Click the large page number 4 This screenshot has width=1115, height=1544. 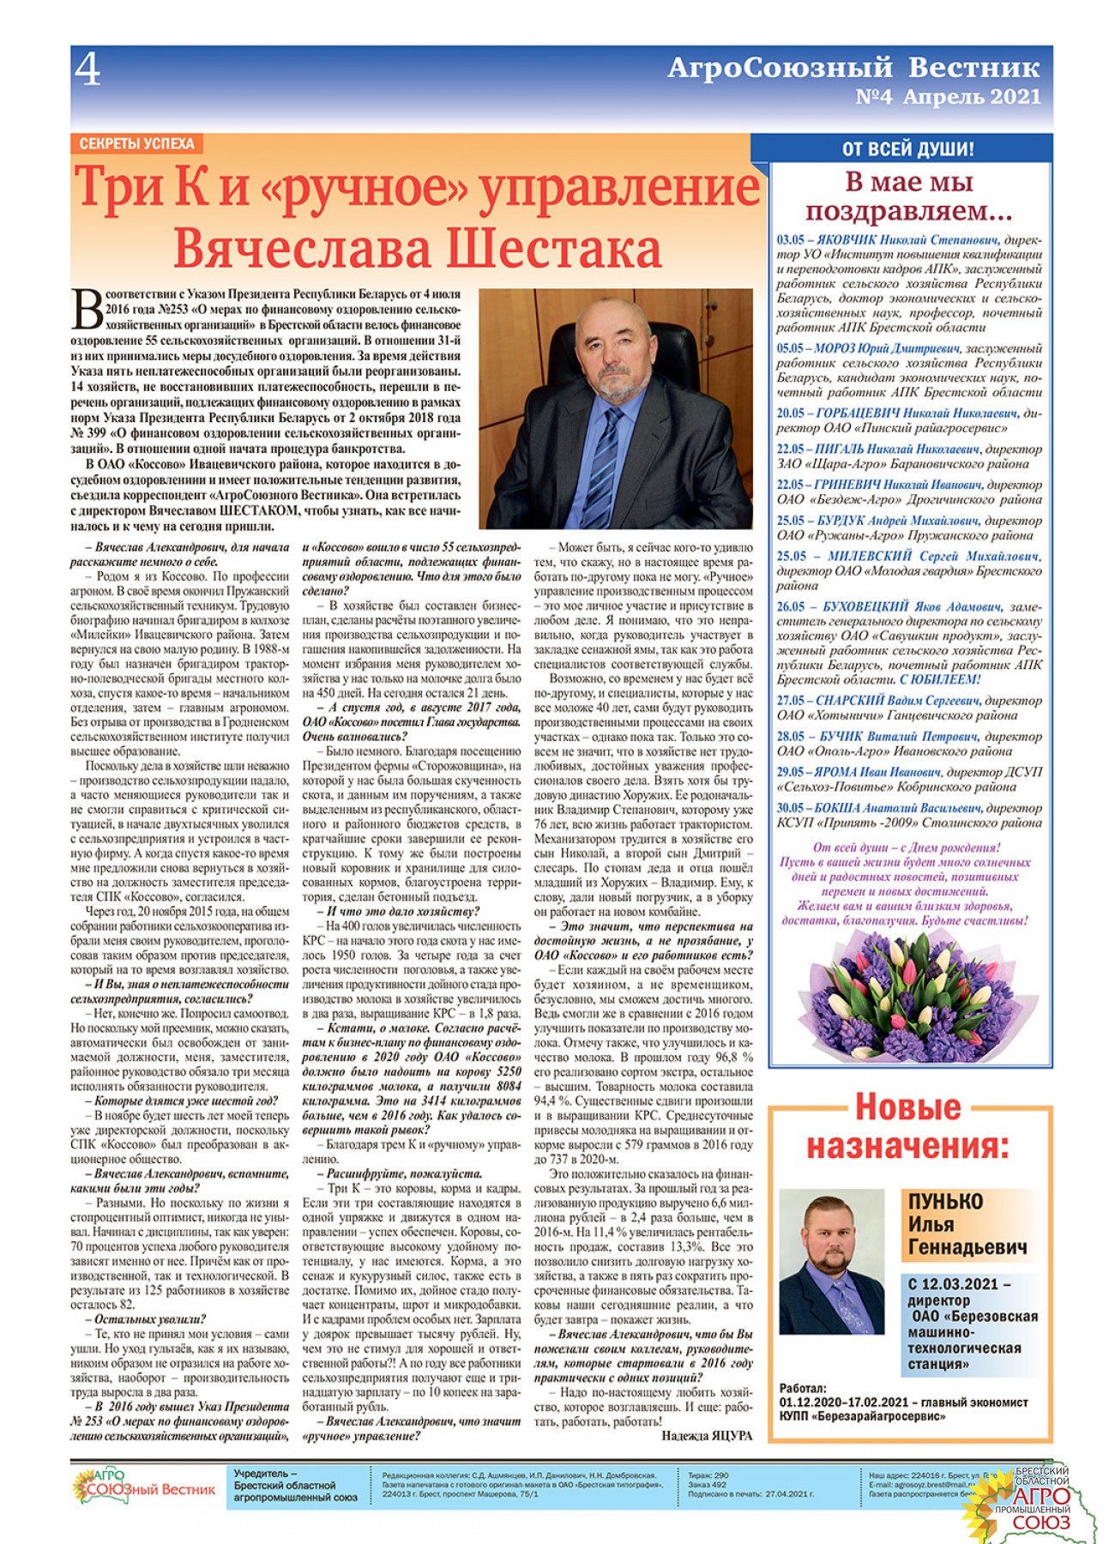tap(87, 69)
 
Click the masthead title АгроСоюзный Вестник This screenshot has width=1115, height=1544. tap(853, 67)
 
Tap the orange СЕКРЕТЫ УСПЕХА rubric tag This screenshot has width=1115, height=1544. tap(136, 144)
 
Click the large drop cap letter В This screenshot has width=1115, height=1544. tap(87, 310)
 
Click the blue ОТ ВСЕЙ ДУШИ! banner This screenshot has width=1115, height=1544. tap(907, 149)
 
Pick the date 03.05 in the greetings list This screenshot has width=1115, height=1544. tap(790, 241)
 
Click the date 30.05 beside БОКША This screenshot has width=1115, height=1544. tap(790, 808)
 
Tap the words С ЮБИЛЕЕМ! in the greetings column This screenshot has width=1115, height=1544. tap(941, 679)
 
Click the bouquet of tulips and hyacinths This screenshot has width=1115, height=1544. tap(911, 996)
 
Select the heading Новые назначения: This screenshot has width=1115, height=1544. tap(907, 1127)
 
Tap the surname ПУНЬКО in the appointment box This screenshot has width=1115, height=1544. tap(945, 1203)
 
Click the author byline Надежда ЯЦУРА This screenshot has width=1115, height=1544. tap(707, 1436)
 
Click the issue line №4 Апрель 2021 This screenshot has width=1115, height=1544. tap(948, 97)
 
